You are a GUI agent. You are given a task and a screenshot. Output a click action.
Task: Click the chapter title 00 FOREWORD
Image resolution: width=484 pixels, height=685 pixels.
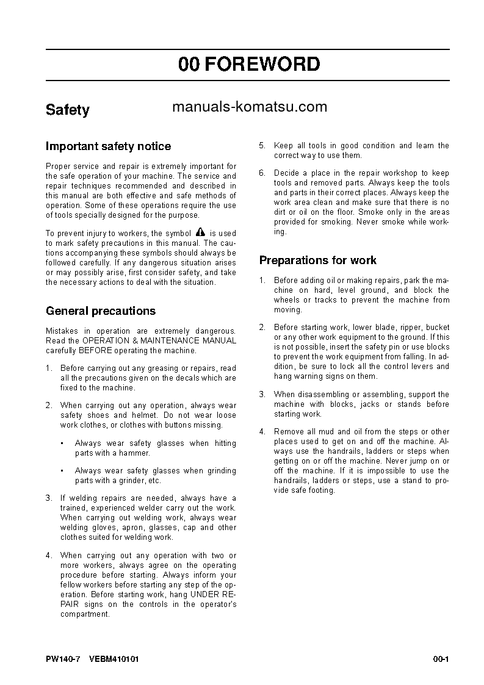pyautogui.click(x=249, y=64)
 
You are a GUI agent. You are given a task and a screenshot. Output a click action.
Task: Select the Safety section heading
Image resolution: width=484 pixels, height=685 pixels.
pyautogui.click(x=68, y=110)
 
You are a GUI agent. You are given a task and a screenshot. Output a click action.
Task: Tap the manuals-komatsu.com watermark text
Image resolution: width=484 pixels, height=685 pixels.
pyautogui.click(x=250, y=107)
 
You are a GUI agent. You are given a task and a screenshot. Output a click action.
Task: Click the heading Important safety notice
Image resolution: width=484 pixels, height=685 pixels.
pyautogui.click(x=109, y=146)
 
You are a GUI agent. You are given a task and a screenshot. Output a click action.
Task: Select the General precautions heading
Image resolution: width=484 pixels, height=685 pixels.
pyautogui.click(x=101, y=311)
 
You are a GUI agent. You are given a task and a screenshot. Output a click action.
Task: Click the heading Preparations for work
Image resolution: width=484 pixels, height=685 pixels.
pyautogui.click(x=317, y=260)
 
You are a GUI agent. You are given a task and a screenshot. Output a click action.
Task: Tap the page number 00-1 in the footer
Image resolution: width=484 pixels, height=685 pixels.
pyautogui.click(x=441, y=659)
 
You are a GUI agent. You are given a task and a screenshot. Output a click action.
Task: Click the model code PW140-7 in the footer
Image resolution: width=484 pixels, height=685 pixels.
pyautogui.click(x=63, y=659)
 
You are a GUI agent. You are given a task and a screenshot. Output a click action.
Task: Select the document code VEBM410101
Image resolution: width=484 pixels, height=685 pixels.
pyautogui.click(x=114, y=659)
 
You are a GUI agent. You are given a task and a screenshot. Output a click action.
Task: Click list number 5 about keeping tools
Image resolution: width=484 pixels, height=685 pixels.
pyautogui.click(x=262, y=146)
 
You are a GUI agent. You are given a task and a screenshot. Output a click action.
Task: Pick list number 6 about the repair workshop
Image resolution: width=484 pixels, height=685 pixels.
pyautogui.click(x=262, y=173)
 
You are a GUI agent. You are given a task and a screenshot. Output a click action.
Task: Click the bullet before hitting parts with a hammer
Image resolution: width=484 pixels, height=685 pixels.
pyautogui.click(x=63, y=443)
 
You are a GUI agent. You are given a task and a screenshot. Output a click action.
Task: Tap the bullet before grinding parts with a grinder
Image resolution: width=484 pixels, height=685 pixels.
pyautogui.click(x=63, y=471)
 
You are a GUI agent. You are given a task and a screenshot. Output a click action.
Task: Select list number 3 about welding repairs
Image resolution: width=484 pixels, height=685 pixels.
pyautogui.click(x=49, y=498)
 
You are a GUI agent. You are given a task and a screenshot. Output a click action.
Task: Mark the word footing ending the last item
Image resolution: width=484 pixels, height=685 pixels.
pyautogui.click(x=321, y=490)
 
